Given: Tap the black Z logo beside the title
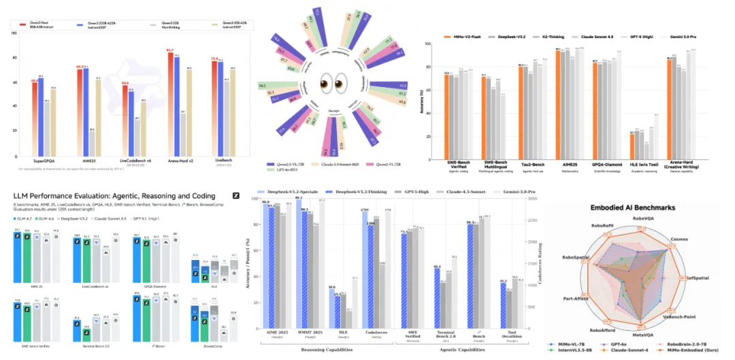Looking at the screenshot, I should point(235,196).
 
